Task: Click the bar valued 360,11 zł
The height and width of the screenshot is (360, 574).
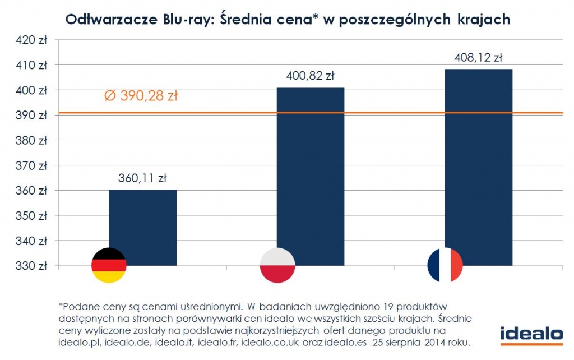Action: pyautogui.click(x=142, y=224)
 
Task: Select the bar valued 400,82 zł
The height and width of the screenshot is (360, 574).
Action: pyautogui.click(x=311, y=174)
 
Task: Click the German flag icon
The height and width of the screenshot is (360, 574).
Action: pyautogui.click(x=109, y=265)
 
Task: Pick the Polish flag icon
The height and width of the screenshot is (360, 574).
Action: pyautogui.click(x=277, y=265)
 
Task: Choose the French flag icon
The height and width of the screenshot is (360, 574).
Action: pyautogui.click(x=445, y=265)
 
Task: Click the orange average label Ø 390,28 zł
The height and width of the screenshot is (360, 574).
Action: pyautogui.click(x=141, y=96)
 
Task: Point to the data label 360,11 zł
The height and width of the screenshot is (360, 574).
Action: pyautogui.click(x=142, y=179)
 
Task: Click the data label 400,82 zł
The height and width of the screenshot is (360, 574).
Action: pyautogui.click(x=311, y=76)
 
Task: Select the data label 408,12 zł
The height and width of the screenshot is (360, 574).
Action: pyautogui.click(x=478, y=57)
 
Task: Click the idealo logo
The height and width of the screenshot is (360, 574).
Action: pyautogui.click(x=531, y=333)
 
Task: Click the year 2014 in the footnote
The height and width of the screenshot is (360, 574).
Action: pyautogui.click(x=428, y=341)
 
